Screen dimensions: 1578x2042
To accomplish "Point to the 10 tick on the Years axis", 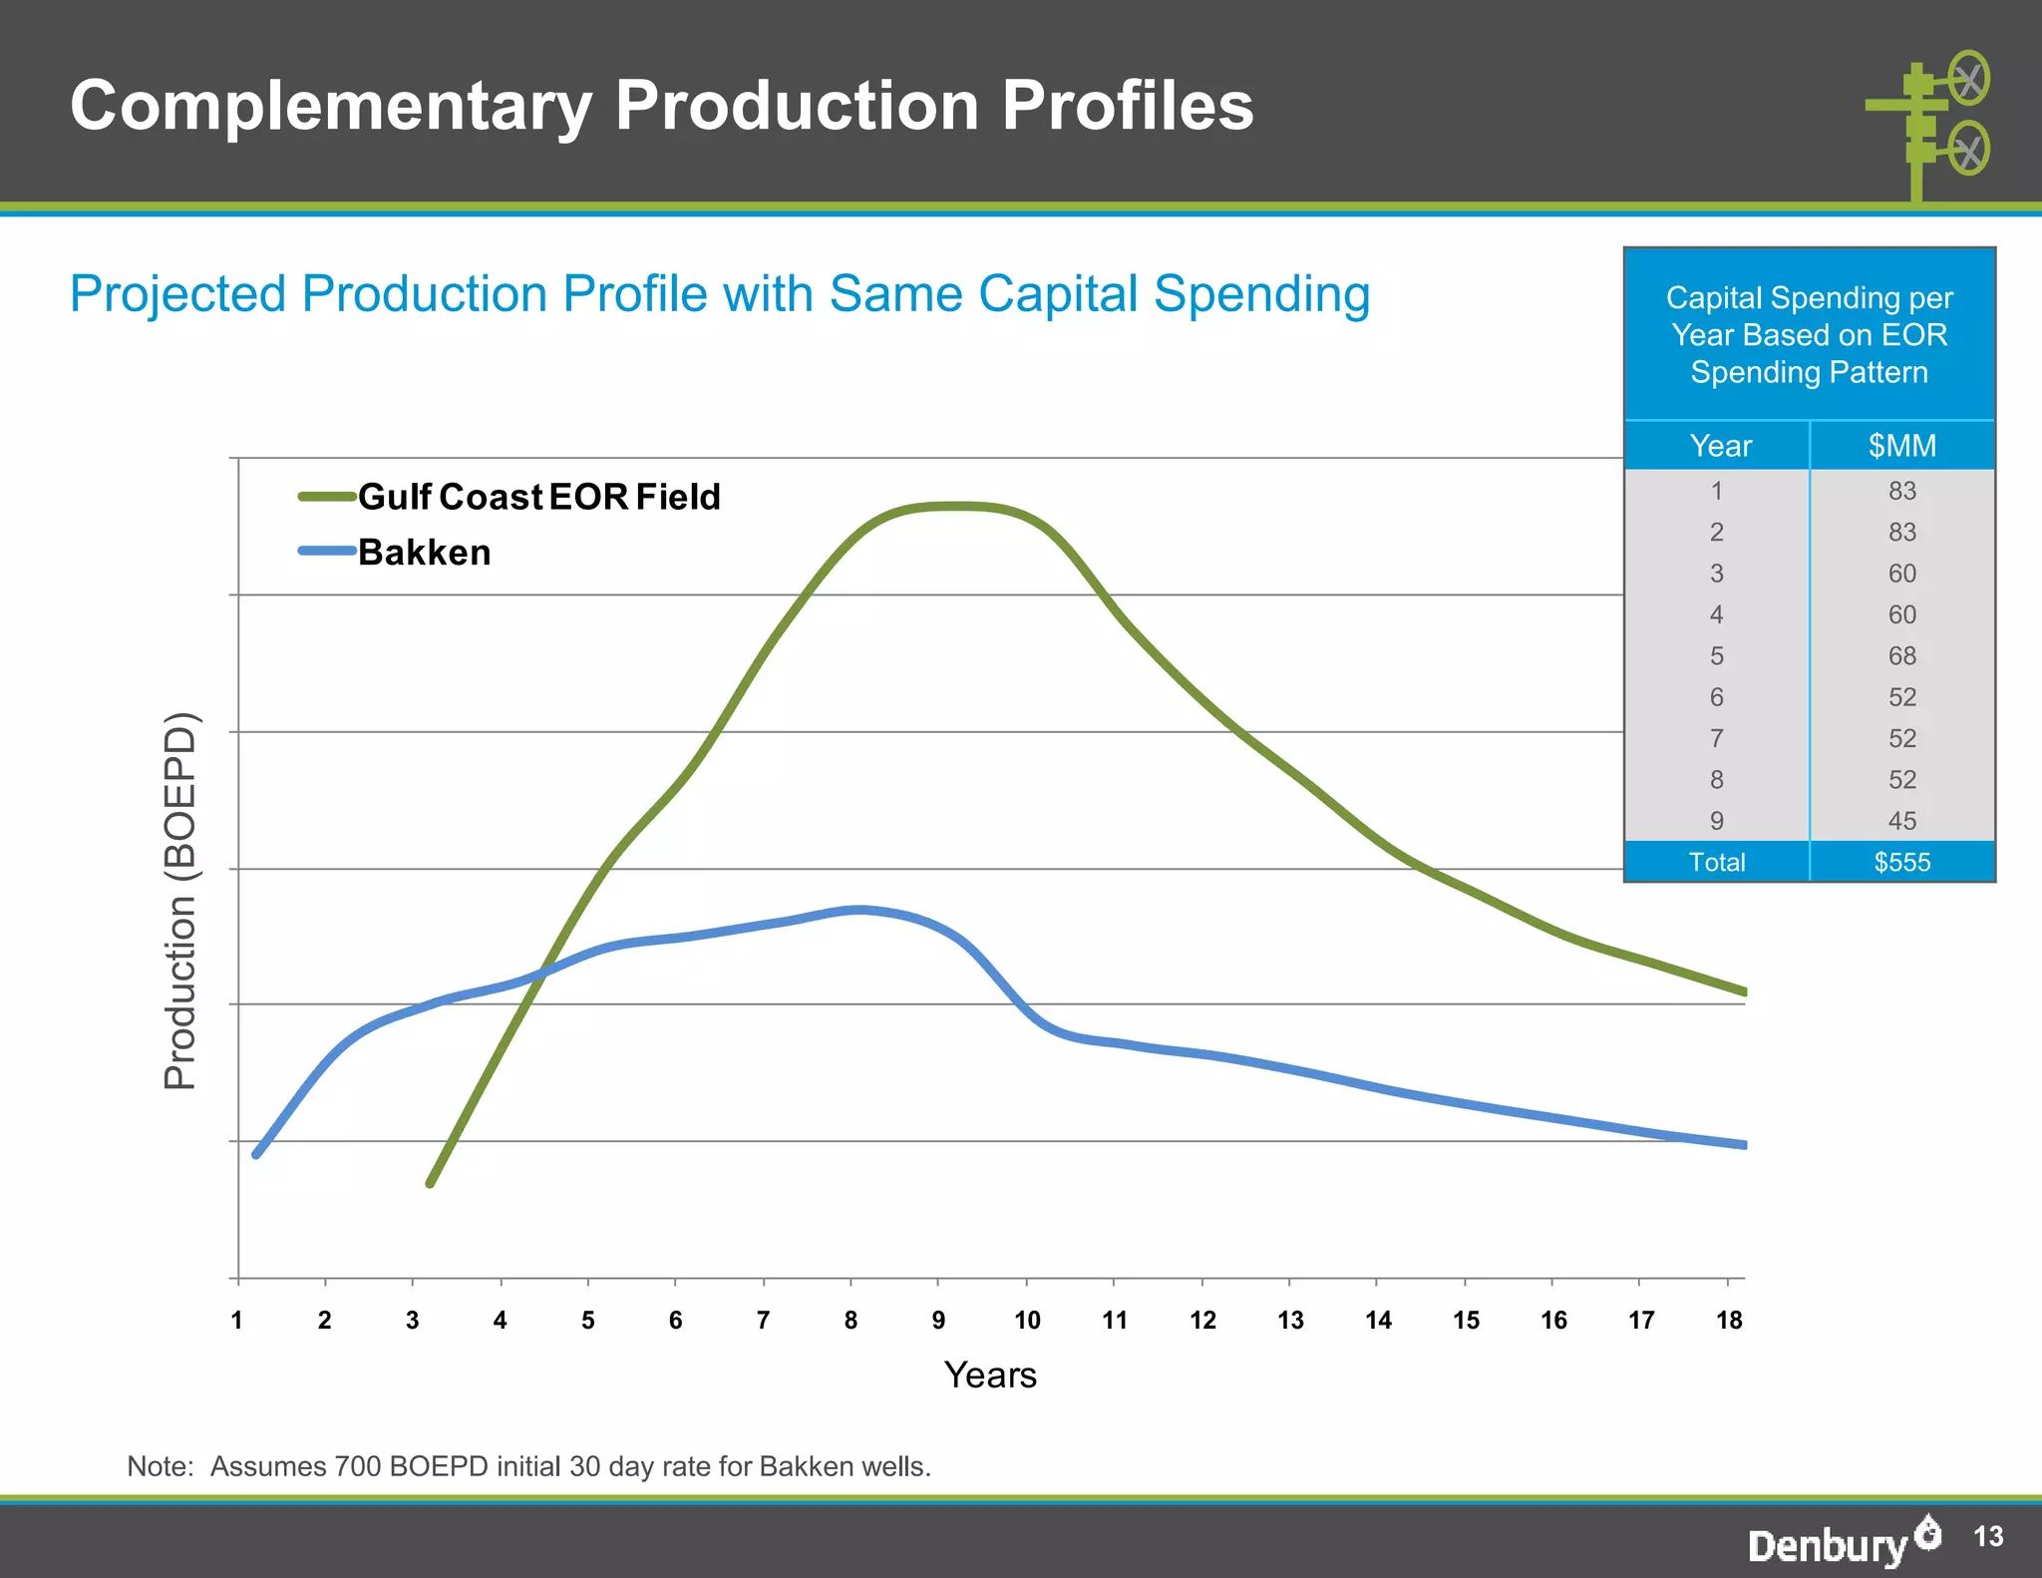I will (x=1027, y=1320).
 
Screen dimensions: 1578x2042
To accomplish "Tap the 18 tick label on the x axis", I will (x=1729, y=1320).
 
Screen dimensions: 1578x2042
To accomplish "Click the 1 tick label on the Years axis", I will (x=237, y=1320).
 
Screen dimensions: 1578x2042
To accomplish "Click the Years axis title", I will (x=990, y=1375).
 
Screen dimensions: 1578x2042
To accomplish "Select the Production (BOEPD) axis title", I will (x=180, y=901).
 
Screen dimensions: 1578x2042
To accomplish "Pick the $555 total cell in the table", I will (x=1901, y=862).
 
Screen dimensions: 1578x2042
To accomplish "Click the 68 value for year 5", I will (x=1901, y=655).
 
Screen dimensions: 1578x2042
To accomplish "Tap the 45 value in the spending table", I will (x=1901, y=820).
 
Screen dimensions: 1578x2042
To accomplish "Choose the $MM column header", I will (x=1901, y=445).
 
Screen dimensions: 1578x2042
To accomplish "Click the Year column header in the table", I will (x=1720, y=445).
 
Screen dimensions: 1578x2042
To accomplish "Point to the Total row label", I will (x=1717, y=862).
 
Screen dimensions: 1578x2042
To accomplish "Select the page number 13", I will (x=1988, y=1536).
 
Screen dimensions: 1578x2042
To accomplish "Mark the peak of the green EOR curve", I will (x=954, y=507).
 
